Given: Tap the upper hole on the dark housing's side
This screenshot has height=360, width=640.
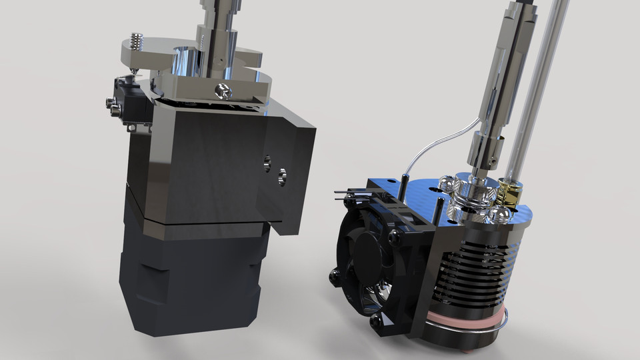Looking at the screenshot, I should [268, 160].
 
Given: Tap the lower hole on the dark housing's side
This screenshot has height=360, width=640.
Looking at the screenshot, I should [281, 175].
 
